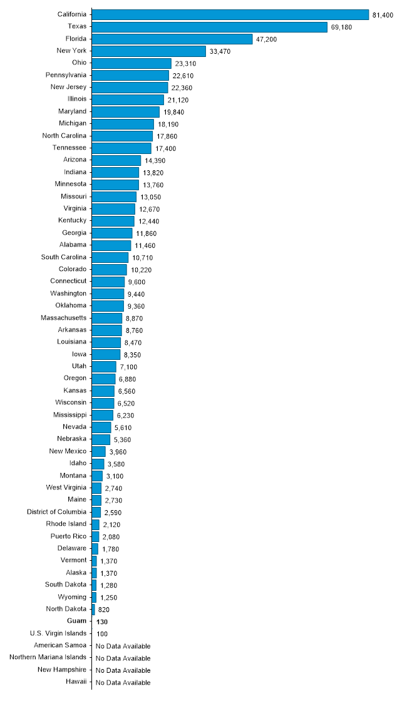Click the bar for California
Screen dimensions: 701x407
(x=230, y=14)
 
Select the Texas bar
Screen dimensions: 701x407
(x=210, y=27)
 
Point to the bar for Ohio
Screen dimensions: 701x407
(x=131, y=63)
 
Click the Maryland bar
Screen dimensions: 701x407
(x=126, y=111)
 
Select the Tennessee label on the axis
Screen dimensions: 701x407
(x=70, y=148)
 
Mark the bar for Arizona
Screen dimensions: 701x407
(x=116, y=160)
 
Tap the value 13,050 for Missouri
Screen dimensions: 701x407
(x=150, y=197)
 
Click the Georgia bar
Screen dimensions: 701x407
(x=112, y=233)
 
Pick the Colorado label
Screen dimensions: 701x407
(x=72, y=269)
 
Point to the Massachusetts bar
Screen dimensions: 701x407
(x=107, y=318)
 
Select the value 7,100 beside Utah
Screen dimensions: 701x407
(x=128, y=367)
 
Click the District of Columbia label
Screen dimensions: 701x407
(x=56, y=512)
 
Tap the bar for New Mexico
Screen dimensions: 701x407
(x=99, y=451)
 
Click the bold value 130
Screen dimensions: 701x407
(x=102, y=622)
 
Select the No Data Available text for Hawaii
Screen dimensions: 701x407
(x=123, y=682)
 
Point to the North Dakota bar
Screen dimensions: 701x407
(x=93, y=609)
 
